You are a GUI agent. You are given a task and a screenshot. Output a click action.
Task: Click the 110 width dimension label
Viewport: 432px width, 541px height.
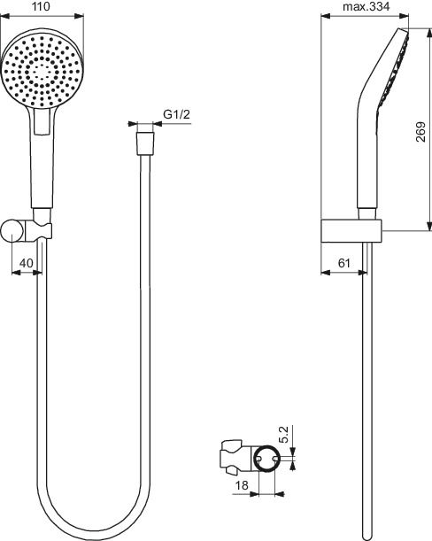point(41,6)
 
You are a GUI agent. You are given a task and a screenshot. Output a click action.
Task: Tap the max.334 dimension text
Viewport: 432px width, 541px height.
point(366,6)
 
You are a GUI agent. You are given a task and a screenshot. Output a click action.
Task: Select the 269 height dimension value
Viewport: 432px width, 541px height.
point(420,131)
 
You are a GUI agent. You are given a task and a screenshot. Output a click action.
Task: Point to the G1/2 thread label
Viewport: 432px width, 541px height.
point(176,114)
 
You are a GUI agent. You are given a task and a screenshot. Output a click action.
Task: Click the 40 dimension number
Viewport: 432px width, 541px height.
point(27,263)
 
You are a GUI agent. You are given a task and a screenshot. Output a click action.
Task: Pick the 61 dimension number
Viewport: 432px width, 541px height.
point(344,263)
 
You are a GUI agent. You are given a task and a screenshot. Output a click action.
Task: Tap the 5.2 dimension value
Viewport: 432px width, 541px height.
point(283,435)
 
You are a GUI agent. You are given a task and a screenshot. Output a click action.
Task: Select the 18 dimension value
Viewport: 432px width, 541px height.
point(242,485)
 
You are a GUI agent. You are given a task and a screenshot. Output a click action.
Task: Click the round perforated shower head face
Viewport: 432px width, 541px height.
point(42,69)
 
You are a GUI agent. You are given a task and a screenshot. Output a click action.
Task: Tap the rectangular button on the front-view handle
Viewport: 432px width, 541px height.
point(42,122)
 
